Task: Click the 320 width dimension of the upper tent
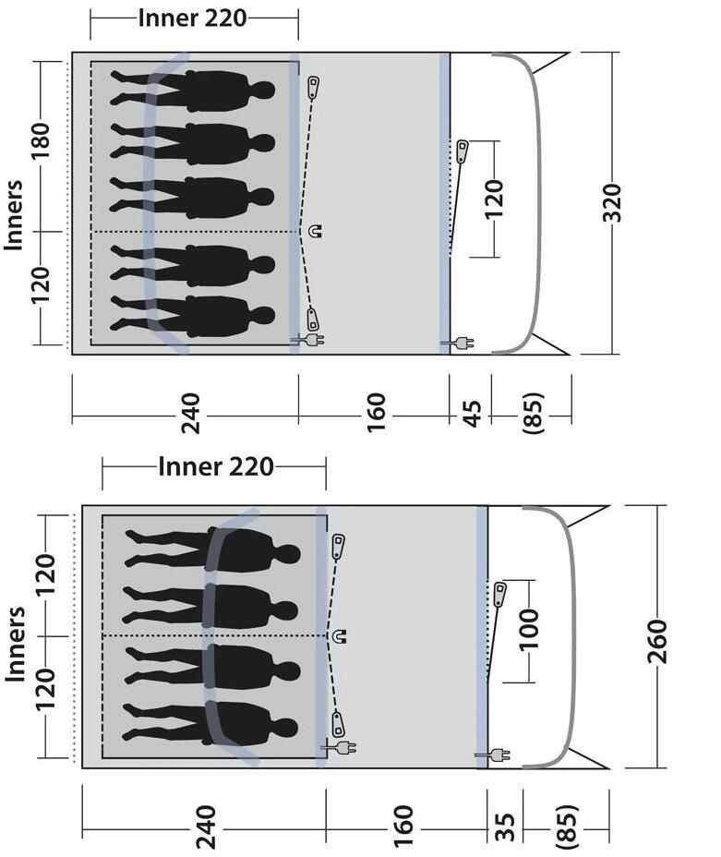tap(612, 203)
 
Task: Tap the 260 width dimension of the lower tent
tap(657, 642)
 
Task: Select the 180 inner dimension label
tap(41, 141)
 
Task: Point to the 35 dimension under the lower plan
tap(505, 827)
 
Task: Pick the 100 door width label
tap(528, 630)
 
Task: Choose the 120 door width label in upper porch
tap(493, 199)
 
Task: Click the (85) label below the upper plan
tap(533, 413)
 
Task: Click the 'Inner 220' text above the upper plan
tap(192, 18)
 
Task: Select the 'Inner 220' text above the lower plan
tap(216, 466)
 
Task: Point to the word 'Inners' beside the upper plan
tap(14, 215)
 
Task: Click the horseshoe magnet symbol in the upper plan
tap(315, 231)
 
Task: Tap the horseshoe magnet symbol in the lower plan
tap(339, 636)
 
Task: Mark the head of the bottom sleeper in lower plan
tap(288, 728)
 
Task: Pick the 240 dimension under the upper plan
tap(190, 413)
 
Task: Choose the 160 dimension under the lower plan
tap(403, 826)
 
